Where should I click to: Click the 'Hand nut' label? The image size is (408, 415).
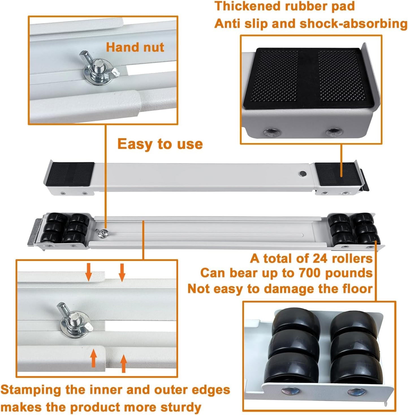click(135, 47)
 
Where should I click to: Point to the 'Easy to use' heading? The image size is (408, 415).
click(160, 144)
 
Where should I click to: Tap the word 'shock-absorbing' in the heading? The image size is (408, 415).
click(354, 24)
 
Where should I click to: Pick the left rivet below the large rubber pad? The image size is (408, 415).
click(272, 132)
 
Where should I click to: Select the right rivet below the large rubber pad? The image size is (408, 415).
click(334, 132)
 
